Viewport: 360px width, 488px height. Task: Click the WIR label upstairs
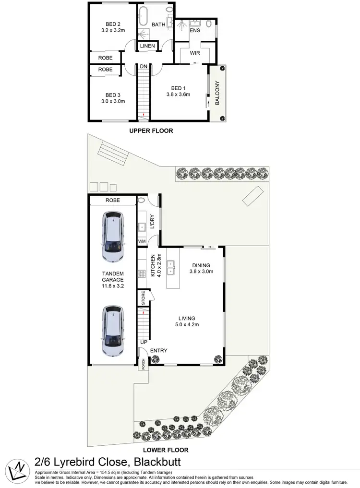point(194,53)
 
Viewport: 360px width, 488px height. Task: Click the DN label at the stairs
point(144,66)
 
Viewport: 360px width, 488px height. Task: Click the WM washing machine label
point(142,241)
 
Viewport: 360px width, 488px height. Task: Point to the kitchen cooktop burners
point(142,274)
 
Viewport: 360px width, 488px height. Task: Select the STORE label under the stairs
point(143,298)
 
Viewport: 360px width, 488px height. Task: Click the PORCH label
point(142,364)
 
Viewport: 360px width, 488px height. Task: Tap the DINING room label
point(201,264)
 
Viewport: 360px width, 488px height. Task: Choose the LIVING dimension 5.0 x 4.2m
point(187,325)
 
